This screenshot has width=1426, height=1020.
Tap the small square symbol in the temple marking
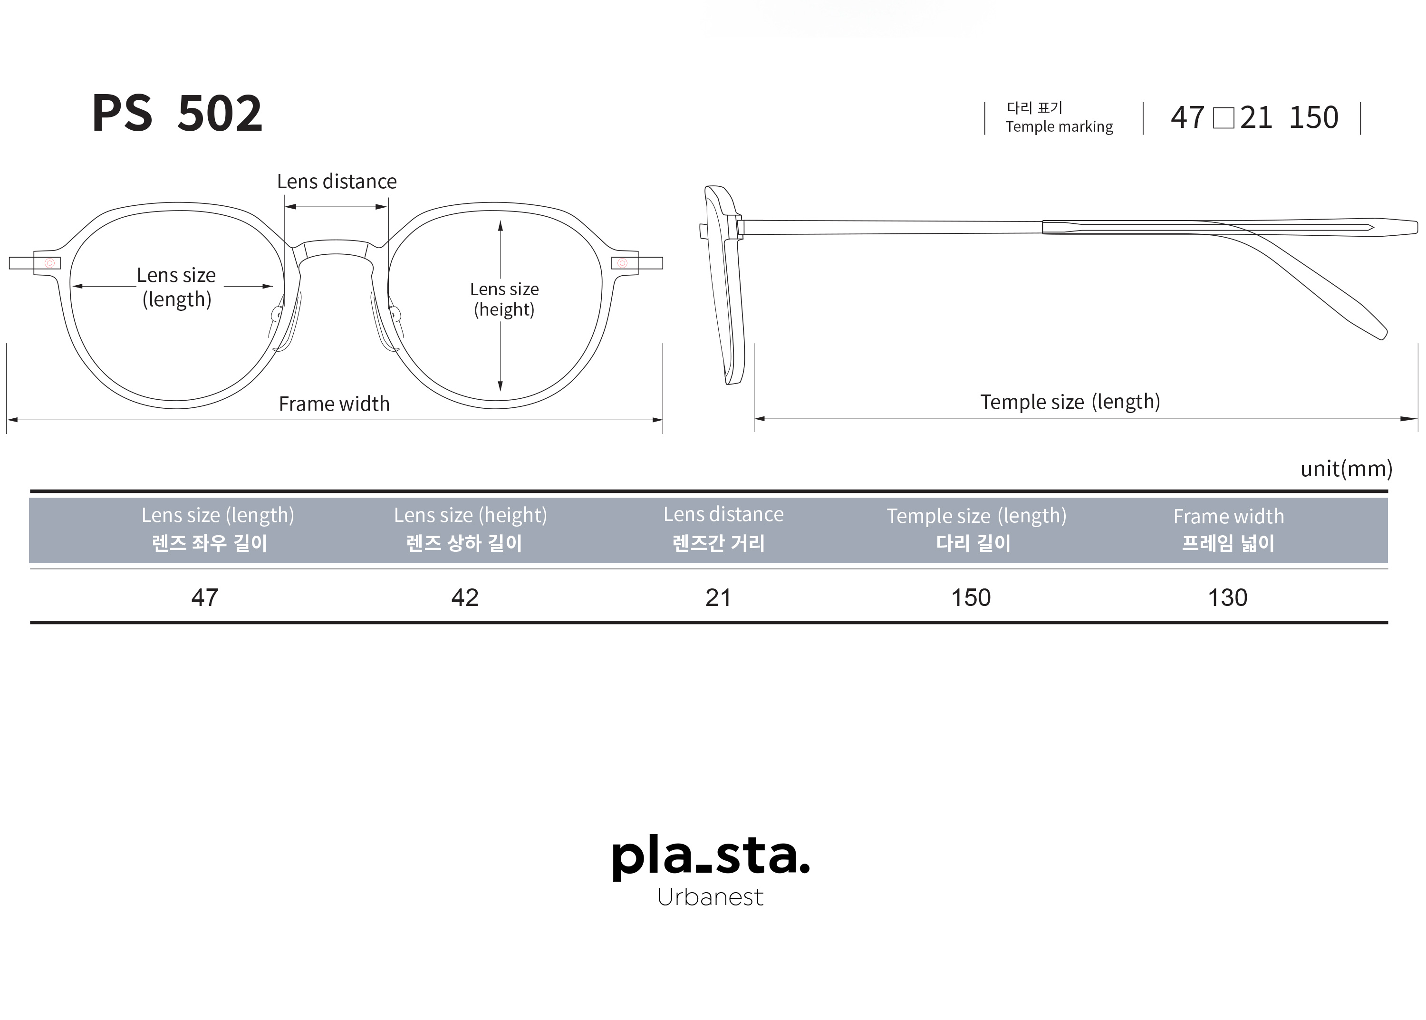click(1223, 118)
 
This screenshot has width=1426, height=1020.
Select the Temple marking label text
click(1059, 127)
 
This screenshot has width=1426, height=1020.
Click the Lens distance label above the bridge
click(337, 182)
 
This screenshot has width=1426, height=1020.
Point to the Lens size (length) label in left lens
click(176, 287)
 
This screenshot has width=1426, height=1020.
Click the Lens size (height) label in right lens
click(504, 299)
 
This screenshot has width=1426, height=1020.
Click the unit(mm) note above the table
click(1346, 469)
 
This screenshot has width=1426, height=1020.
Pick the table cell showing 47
click(205, 597)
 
